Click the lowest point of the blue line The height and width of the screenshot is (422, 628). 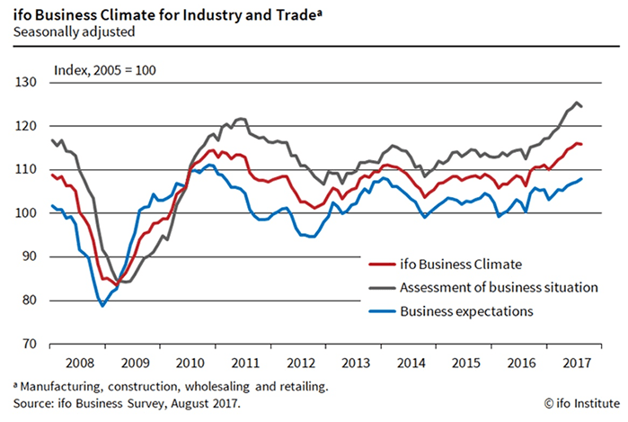pyautogui.click(x=103, y=306)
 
